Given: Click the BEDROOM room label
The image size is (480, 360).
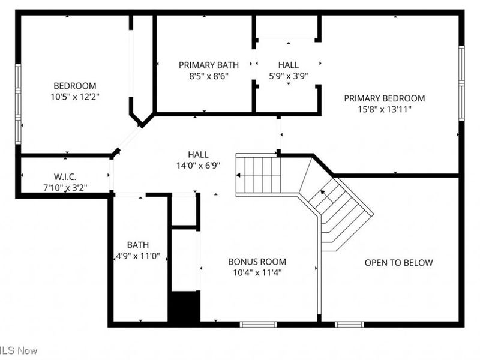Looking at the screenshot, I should point(74,86).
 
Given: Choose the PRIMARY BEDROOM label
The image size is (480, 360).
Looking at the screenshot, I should point(384,98).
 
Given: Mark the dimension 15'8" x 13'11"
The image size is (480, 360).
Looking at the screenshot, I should point(384,109).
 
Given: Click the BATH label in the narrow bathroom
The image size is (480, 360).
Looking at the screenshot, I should point(138,245).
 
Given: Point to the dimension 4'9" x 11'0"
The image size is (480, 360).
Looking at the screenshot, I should point(138,256).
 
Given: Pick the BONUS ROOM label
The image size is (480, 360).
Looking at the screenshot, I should point(257,262).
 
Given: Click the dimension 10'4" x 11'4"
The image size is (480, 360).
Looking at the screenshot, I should point(257,272).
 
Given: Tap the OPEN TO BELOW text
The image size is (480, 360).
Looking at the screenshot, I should point(398,263).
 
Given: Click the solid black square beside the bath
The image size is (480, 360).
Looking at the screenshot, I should point(184,307).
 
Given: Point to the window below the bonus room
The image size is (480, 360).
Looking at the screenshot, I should point(258,325).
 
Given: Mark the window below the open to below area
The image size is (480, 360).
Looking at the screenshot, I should point(349,325).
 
